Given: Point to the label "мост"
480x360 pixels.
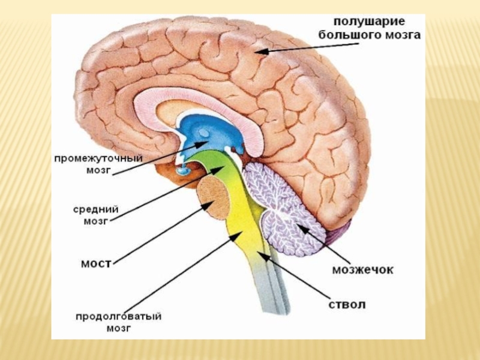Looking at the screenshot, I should click(x=95, y=263).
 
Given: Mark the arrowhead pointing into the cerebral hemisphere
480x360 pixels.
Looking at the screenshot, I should click(x=259, y=53).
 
